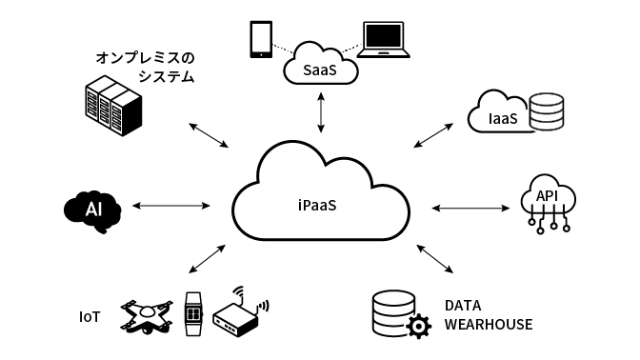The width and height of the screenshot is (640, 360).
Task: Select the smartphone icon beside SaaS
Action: coord(260,39)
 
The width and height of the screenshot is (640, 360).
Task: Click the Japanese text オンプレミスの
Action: coord(144,58)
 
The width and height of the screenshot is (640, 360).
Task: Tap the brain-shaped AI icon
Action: coord(92,209)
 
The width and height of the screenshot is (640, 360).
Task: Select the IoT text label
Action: coord(90,315)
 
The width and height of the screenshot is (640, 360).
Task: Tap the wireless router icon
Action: coord(239,314)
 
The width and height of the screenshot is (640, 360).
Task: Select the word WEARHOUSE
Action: coord(489,326)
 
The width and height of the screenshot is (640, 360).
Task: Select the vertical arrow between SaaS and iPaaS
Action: coord(321,111)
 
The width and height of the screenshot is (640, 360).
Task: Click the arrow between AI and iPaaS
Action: coord(171,206)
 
